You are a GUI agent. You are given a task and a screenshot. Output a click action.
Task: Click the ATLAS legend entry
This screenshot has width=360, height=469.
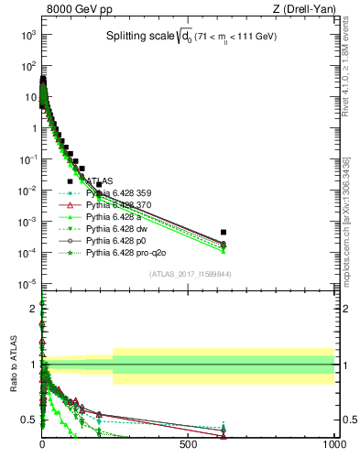tap(102, 180)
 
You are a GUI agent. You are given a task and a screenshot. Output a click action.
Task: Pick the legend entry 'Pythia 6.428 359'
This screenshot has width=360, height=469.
tap(123, 192)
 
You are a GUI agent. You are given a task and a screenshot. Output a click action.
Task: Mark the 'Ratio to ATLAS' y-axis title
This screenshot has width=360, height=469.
tap(13, 364)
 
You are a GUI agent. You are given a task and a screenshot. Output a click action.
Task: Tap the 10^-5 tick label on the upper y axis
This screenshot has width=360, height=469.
tap(27, 283)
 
